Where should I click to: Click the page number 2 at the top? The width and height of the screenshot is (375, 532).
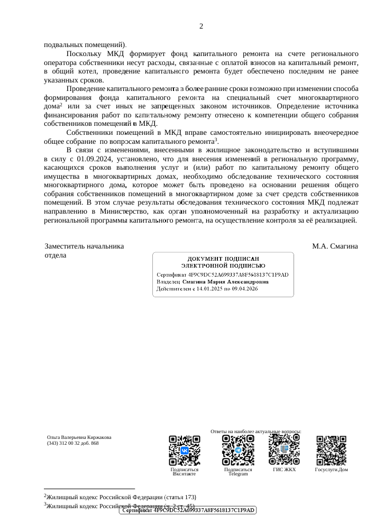pyautogui.click(x=201, y=26)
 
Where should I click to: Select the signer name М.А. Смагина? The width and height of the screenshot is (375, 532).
pyautogui.click(x=335, y=246)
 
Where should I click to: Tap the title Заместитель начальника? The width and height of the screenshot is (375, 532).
pyautogui.click(x=85, y=246)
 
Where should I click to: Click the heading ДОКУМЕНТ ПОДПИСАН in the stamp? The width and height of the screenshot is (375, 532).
pyautogui.click(x=223, y=258)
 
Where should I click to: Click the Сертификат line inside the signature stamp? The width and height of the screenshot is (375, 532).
pyautogui.click(x=223, y=274)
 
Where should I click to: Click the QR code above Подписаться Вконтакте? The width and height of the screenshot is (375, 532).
pyautogui.click(x=185, y=450)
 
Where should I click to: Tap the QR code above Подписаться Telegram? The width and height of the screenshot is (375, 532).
pyautogui.click(x=238, y=450)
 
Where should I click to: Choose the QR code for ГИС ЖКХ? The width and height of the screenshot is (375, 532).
pyautogui.click(x=285, y=450)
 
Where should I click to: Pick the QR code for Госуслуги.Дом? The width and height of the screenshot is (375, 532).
pyautogui.click(x=331, y=450)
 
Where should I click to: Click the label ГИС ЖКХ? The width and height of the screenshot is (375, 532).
pyautogui.click(x=285, y=469)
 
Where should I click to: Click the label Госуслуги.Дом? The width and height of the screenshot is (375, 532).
pyautogui.click(x=331, y=469)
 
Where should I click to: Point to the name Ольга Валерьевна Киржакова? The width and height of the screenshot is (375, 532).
pyautogui.click(x=79, y=437)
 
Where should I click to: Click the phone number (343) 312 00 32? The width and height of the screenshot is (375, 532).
pyautogui.click(x=66, y=443)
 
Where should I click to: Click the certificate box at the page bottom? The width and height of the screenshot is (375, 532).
pyautogui.click(x=189, y=510)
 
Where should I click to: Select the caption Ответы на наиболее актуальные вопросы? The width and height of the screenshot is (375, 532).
pyautogui.click(x=256, y=432)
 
